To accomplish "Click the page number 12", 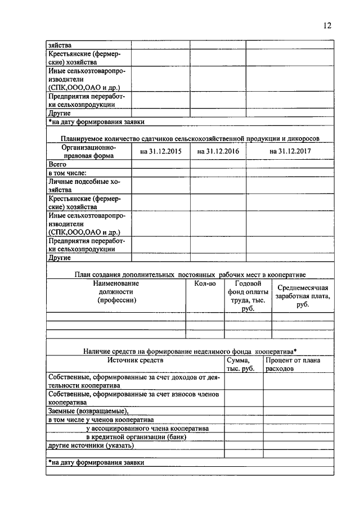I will click(x=327, y=25).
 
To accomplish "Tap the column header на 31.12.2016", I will click(x=217, y=151).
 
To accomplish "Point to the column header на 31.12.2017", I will click(x=290, y=151).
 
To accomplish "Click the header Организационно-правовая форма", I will click(x=89, y=151).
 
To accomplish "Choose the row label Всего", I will click(x=58, y=164).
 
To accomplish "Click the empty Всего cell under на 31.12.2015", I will click(x=160, y=164).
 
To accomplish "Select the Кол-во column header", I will click(x=205, y=284).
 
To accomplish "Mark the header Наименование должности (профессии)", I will click(x=116, y=292).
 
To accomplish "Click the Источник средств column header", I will click(x=135, y=359).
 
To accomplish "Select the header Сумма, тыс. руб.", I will click(x=243, y=364).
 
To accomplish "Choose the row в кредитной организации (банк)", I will click(x=136, y=436).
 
